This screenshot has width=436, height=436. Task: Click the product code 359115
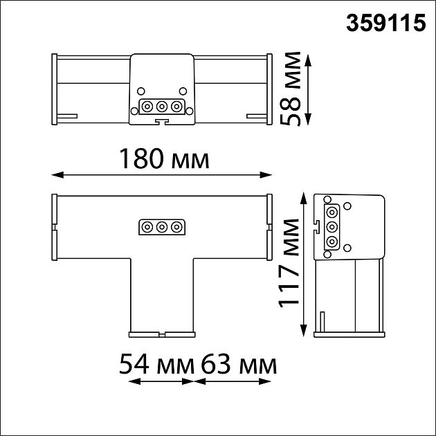pos(385,24)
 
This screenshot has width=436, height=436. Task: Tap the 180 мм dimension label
pos(164,158)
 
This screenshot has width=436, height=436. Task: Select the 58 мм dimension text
pos(291,89)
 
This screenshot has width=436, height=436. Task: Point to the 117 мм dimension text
pos(289,263)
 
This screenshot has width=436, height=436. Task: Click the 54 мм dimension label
pos(156,364)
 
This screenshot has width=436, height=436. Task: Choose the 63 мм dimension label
pos(239,364)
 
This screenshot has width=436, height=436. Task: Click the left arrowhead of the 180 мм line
pos(57,175)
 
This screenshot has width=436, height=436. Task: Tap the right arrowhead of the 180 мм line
pos(266,175)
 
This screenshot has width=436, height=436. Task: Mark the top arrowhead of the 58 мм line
pos(308,60)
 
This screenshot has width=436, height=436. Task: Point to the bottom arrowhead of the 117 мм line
pos(304,331)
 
